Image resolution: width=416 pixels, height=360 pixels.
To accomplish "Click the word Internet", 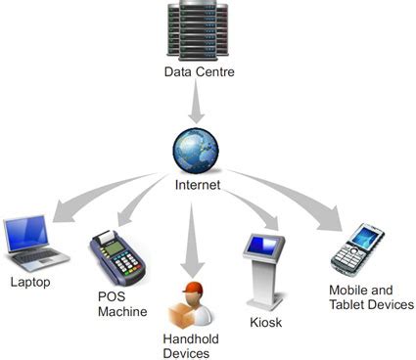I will (x=198, y=185).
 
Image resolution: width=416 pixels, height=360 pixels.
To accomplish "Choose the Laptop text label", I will (x=30, y=283).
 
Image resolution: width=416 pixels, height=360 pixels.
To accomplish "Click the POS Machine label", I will (x=122, y=304).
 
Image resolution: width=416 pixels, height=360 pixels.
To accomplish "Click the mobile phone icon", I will (x=357, y=250).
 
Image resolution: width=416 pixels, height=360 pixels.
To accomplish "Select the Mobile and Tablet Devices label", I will (x=371, y=297).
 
